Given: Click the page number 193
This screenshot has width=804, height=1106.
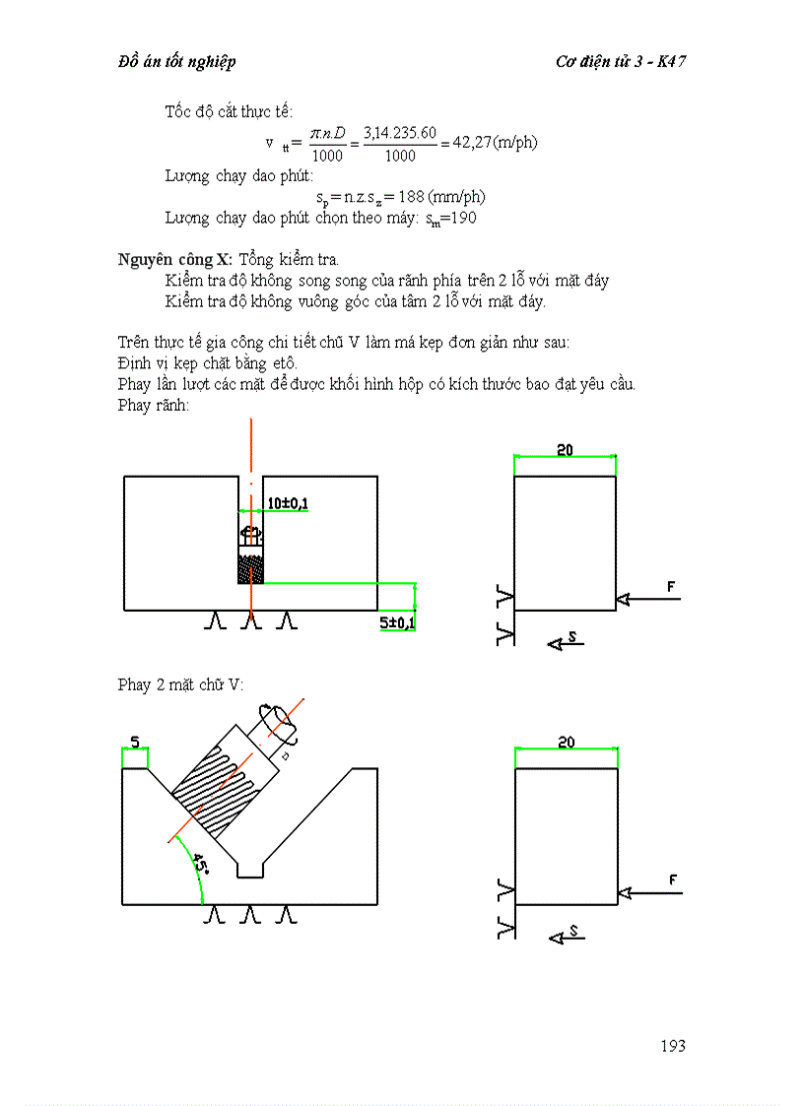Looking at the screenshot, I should pyautogui.click(x=672, y=1046).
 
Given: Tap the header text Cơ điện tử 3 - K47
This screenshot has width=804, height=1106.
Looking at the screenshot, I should pyautogui.click(x=621, y=62).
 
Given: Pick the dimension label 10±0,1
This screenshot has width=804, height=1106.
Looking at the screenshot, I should pyautogui.click(x=288, y=504).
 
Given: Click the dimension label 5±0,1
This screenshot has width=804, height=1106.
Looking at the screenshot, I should pyautogui.click(x=397, y=623).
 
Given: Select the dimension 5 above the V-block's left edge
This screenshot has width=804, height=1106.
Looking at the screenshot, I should pyautogui.click(x=135, y=742).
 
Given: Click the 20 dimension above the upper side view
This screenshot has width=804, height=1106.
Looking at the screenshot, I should pyautogui.click(x=565, y=450).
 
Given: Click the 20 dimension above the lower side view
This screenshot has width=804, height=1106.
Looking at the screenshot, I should pyautogui.click(x=566, y=743).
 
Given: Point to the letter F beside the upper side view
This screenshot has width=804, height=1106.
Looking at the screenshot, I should pyautogui.click(x=671, y=587).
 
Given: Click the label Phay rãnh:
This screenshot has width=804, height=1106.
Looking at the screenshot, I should pyautogui.click(x=146, y=405).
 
